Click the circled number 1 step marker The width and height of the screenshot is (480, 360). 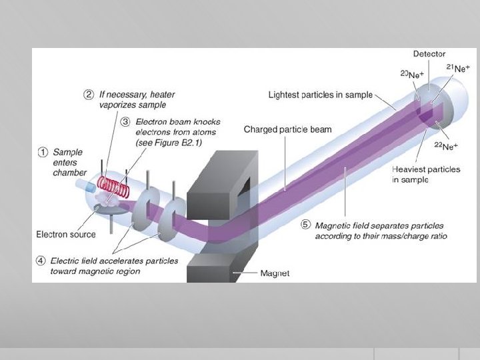42,151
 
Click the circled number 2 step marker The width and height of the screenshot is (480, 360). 88,94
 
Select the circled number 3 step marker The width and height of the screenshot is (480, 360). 126,122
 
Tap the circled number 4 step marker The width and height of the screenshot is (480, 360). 41,261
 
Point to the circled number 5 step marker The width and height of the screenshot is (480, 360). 305,225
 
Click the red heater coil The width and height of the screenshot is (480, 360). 113,185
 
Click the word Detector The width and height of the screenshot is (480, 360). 429,54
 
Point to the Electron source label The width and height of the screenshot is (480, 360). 65,234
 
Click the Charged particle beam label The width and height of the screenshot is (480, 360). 287,129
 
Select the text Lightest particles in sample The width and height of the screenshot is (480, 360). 320,95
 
